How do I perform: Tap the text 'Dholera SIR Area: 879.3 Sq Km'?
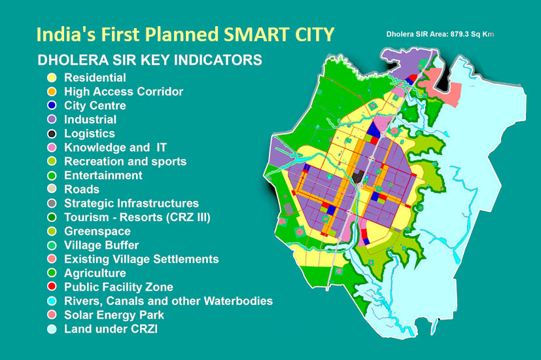(440, 33)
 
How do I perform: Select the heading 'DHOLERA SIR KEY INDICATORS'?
(150, 60)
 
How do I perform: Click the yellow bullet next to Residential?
(52, 78)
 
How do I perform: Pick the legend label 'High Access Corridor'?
(124, 92)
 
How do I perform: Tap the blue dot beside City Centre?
(52, 106)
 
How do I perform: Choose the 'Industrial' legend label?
(90, 120)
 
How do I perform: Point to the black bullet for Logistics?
(52, 134)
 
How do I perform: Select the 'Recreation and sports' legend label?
(125, 162)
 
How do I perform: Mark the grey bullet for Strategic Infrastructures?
(52, 204)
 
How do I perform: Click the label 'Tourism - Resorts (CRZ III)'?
(137, 217)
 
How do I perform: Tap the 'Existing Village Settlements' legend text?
(141, 259)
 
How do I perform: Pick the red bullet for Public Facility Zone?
(52, 287)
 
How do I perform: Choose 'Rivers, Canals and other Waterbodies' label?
(168, 301)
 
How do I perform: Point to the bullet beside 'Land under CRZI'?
(52, 329)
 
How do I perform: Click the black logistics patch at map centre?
(358, 175)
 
